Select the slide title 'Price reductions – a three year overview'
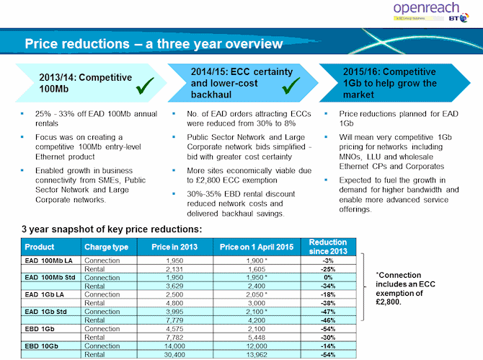tap(154, 45)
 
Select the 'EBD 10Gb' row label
tap(40, 346)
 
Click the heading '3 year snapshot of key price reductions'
tap(112, 229)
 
